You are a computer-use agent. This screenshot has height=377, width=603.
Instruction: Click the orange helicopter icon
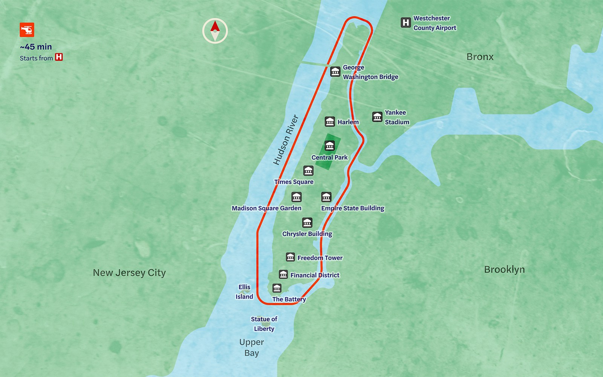pyautogui.click(x=27, y=30)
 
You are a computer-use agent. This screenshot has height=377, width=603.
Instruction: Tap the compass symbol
pyautogui.click(x=215, y=31)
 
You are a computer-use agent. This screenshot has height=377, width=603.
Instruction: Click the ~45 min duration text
pyautogui.click(x=36, y=47)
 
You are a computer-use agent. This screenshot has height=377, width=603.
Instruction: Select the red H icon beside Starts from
pyautogui.click(x=59, y=57)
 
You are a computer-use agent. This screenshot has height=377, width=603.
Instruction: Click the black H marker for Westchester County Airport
pyautogui.click(x=406, y=23)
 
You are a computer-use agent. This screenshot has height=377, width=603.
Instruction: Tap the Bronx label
pyautogui.click(x=480, y=57)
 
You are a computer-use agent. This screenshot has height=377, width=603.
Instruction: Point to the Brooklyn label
pyautogui.click(x=504, y=270)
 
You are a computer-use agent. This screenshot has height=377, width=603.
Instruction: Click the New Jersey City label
pyautogui.click(x=129, y=273)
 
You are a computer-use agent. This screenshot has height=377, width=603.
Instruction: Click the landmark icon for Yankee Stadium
pyautogui.click(x=377, y=117)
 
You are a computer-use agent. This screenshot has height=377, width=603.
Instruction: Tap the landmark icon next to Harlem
pyautogui.click(x=330, y=121)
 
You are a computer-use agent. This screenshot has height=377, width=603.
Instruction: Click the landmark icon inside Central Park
pyautogui.click(x=330, y=146)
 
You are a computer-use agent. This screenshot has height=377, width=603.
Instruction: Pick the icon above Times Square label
pyautogui.click(x=308, y=171)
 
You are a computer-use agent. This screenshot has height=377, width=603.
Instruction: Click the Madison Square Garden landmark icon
pyautogui.click(x=297, y=197)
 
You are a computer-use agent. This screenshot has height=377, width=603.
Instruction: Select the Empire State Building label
pyautogui.click(x=352, y=208)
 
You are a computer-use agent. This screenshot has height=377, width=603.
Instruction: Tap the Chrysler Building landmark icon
pyautogui.click(x=307, y=222)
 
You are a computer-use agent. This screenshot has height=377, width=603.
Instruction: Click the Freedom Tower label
pyautogui.click(x=320, y=258)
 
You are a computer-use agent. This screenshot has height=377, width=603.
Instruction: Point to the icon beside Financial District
pyautogui.click(x=283, y=274)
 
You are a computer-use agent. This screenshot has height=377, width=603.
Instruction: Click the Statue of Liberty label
pyautogui.click(x=264, y=324)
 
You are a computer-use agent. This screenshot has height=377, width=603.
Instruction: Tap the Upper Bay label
pyautogui.click(x=251, y=347)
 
